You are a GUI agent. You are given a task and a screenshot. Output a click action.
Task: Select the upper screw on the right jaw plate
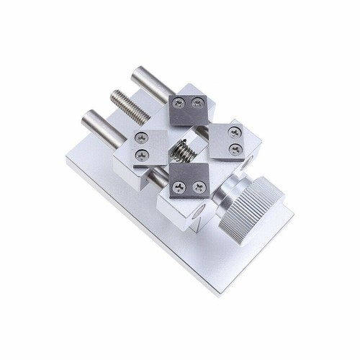coord(235,134)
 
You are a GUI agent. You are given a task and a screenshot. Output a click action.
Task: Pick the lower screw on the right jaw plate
coord(233,149)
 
